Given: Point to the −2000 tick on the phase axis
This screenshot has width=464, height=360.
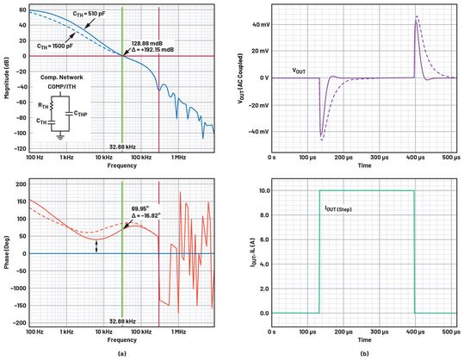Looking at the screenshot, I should point(17,321).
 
